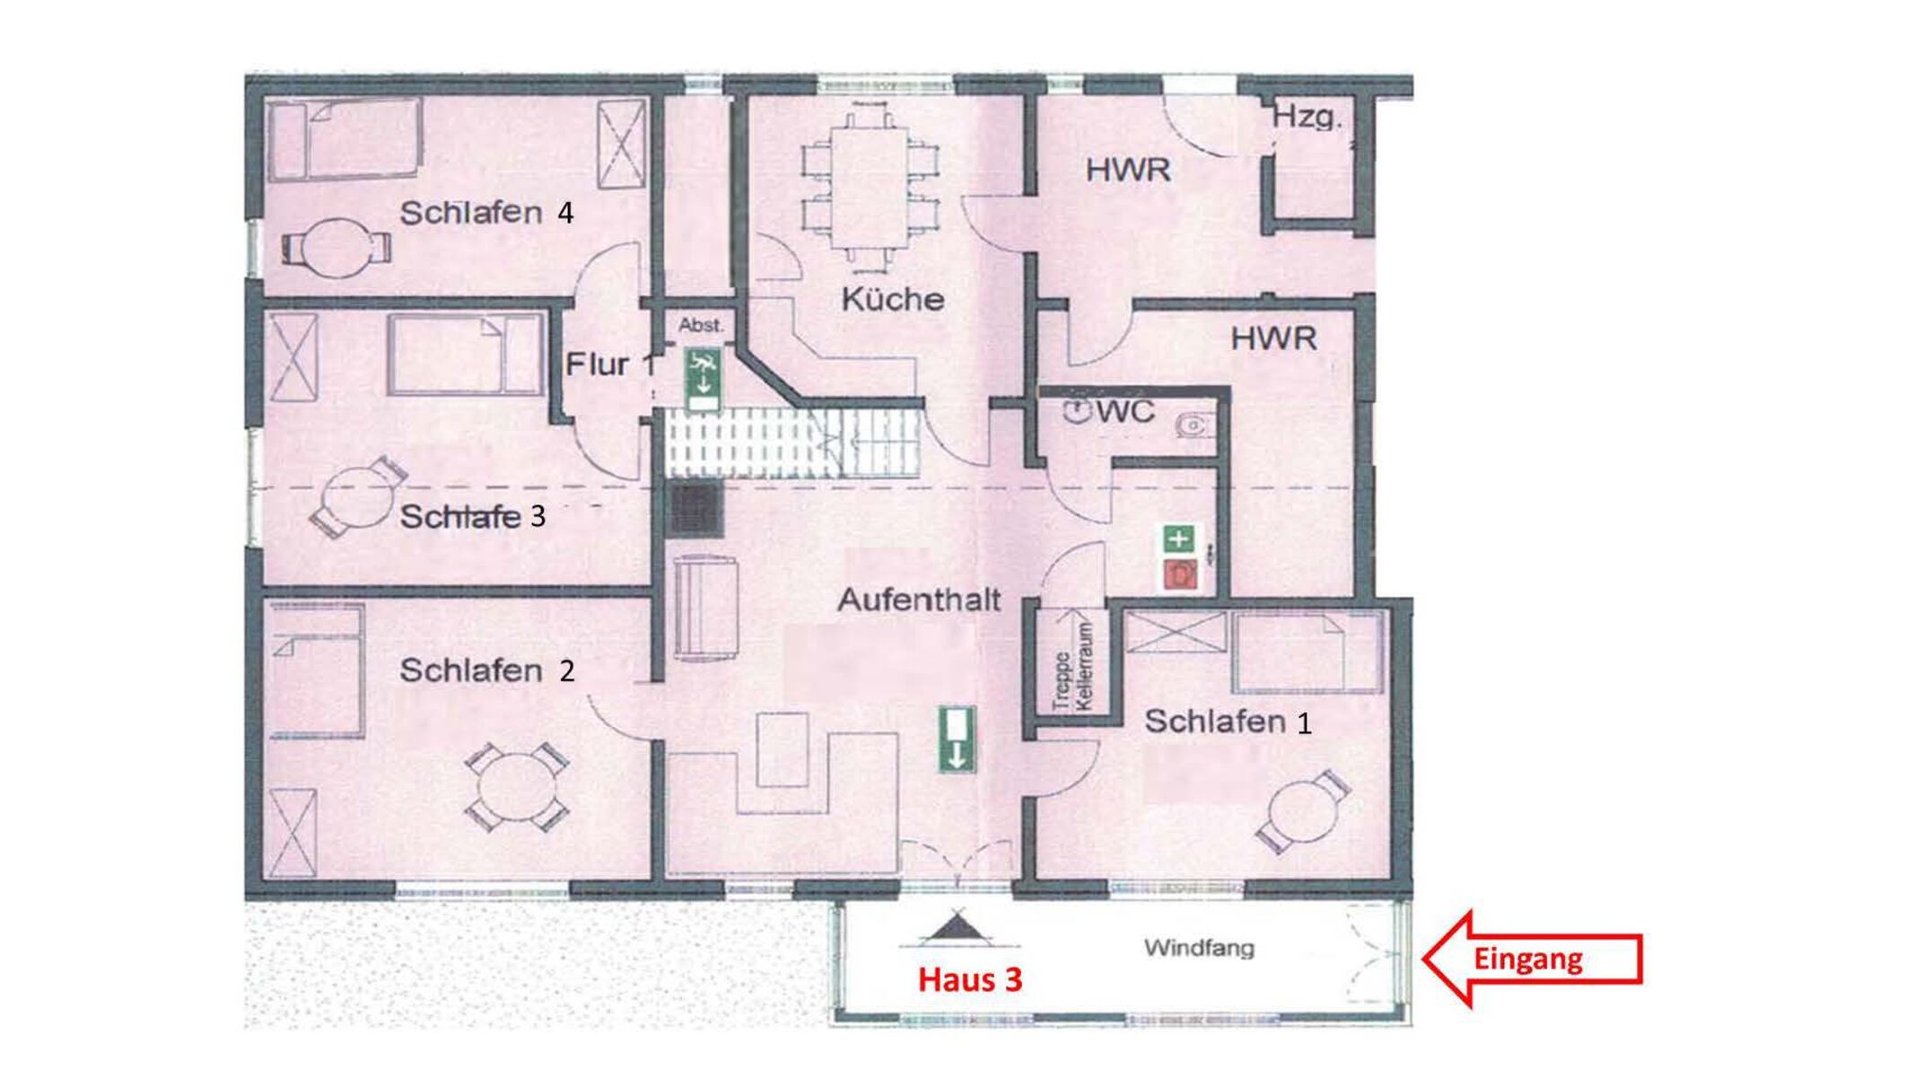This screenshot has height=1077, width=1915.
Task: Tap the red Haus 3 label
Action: [x=970, y=979]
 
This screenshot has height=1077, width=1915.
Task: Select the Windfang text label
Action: [x=1199, y=948]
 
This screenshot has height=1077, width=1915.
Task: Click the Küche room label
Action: [x=893, y=298]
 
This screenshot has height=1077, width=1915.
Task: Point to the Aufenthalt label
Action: [x=919, y=600]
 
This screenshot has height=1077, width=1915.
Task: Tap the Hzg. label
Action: [x=1307, y=117]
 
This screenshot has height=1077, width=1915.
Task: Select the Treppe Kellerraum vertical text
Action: [x=1073, y=666]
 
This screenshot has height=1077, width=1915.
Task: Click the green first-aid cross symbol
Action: [x=1179, y=538]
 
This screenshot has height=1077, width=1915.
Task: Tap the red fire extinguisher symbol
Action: [x=1181, y=574]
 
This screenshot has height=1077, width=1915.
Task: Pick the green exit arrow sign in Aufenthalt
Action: [x=957, y=740]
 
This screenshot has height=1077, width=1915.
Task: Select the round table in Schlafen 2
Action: [x=516, y=787]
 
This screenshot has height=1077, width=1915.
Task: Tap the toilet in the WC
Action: [x=1193, y=425]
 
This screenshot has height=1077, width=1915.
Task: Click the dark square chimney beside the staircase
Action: [x=696, y=511]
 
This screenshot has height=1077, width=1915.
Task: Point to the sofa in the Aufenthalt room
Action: [x=705, y=609]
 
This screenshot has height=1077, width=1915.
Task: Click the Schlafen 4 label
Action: [x=486, y=213]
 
